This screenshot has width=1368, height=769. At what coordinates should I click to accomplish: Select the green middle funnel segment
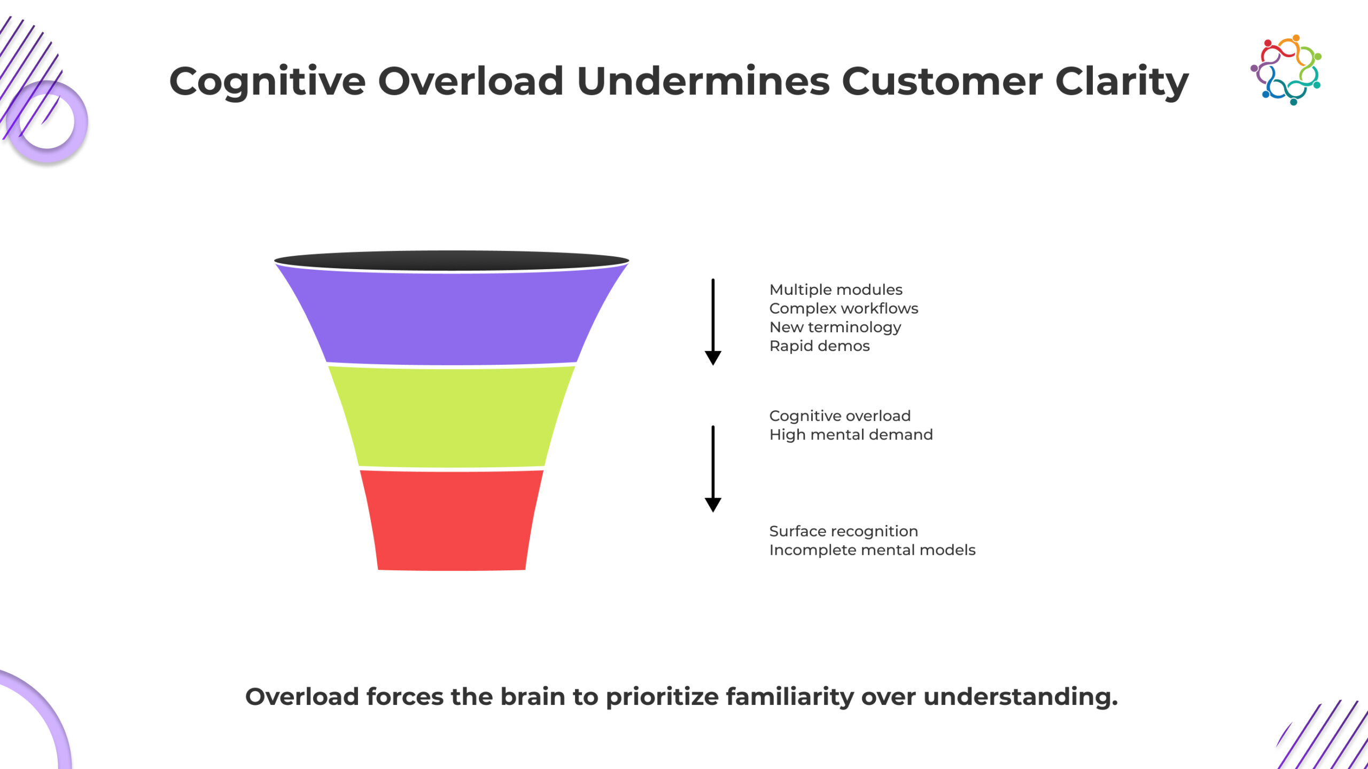[452, 417]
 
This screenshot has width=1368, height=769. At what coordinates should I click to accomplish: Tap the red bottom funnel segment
[452, 520]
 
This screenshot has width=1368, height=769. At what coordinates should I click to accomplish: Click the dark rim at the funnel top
[452, 261]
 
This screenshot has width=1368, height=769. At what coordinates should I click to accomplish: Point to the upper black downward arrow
[713, 321]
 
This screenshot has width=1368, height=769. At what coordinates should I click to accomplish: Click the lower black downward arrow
[713, 468]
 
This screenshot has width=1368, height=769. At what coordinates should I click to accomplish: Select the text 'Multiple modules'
[836, 290]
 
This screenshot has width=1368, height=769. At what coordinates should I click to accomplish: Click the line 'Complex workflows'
[844, 309]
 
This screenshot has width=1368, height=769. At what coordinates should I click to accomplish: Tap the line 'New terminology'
[835, 327]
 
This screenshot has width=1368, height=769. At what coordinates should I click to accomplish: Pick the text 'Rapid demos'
[820, 346]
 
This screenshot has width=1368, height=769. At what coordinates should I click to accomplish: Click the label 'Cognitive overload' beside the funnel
[840, 416]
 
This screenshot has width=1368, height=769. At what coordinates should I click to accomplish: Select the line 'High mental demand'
[851, 435]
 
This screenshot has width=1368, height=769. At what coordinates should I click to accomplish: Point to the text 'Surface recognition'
[844, 531]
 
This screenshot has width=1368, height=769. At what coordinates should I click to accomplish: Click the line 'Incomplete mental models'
[873, 550]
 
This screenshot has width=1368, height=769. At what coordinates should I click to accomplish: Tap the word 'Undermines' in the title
[703, 82]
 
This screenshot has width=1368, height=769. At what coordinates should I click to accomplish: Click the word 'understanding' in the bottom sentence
[1021, 697]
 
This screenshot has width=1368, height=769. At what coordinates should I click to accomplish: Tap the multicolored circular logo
[1286, 70]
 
